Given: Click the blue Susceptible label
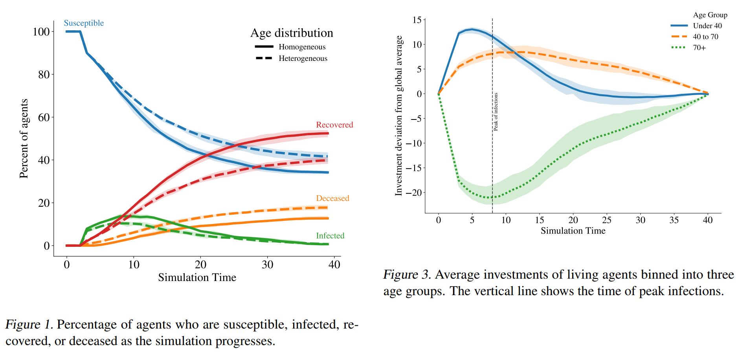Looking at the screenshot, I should coord(84,23).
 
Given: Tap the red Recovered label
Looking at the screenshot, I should coord(334,125).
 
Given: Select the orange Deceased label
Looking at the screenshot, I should coord(332,198).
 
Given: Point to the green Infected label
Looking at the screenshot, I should coord(330,236).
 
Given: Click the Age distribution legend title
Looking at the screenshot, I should coord(292,33).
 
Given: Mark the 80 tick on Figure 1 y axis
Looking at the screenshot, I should coord(44,75).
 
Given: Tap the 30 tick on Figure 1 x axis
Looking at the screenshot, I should coord(267,264).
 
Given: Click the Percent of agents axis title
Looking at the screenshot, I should coord(24,138).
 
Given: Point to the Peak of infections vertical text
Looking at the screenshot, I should coord(496,112).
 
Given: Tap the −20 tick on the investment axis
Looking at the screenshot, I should coord(413,193).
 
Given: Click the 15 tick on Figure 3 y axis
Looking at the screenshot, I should coord(417,20).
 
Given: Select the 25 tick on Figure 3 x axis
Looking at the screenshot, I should coord(606,220).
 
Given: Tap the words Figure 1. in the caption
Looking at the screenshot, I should coord(29,325).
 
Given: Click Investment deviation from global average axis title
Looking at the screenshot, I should coord(399,116).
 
